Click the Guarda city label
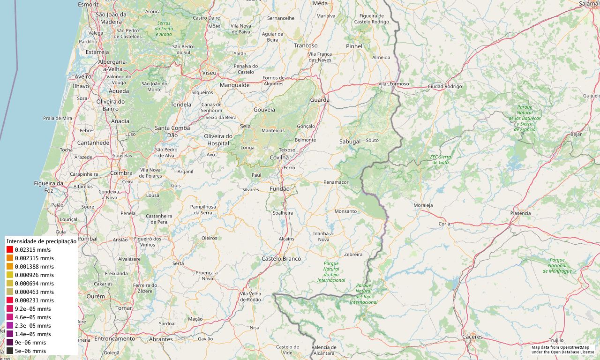(x=320, y=100)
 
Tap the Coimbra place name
(x=121, y=173)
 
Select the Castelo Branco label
(x=281, y=259)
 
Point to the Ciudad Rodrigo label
(x=444, y=87)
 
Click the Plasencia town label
(x=520, y=213)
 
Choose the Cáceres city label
(x=472, y=337)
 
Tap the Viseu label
(x=209, y=73)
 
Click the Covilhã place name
(x=279, y=157)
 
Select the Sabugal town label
(x=350, y=141)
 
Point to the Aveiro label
(x=83, y=76)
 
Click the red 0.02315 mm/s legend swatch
(x=10, y=250)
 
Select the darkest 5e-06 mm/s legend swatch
(x=10, y=351)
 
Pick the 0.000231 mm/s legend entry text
(x=34, y=300)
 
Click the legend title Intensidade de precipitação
(x=41, y=241)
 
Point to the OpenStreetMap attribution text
(x=562, y=350)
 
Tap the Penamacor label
(x=336, y=182)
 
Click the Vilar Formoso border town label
(x=394, y=84)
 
